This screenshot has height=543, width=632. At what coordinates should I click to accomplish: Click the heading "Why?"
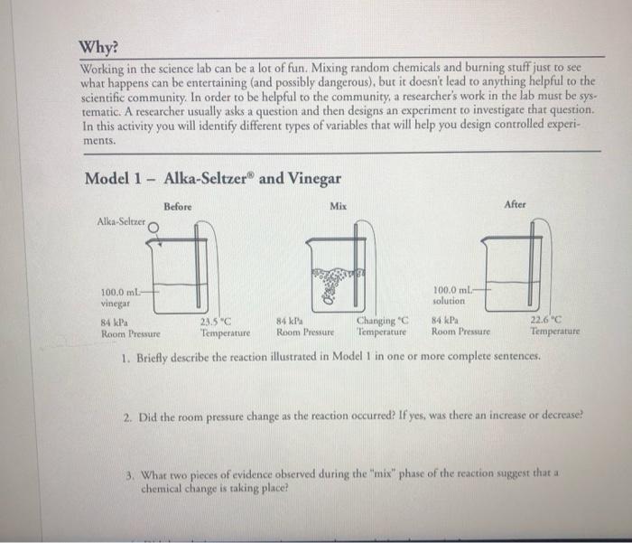coord(99,47)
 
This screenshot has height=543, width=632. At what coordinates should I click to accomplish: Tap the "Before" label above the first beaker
coord(178,207)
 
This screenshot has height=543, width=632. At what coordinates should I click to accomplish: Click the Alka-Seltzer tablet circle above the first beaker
coord(153,229)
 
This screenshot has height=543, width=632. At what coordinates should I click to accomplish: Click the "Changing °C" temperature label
coord(383,320)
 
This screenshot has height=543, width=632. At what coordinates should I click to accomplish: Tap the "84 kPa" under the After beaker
coord(446,320)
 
